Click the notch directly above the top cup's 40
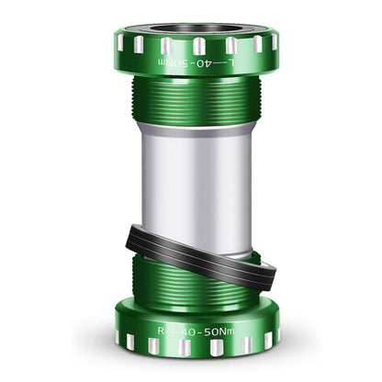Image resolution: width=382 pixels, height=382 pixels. [199, 45]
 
